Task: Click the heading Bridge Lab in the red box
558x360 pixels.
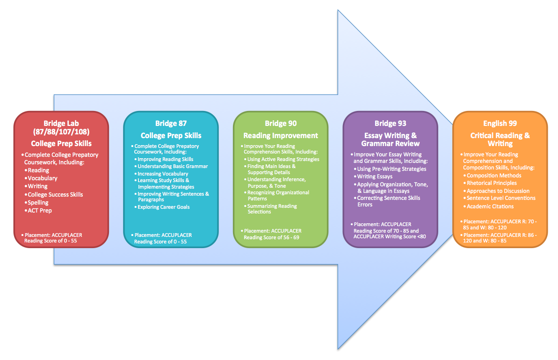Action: tap(61, 124)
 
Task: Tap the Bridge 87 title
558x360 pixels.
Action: tap(171, 124)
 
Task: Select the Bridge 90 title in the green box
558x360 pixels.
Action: tap(281, 124)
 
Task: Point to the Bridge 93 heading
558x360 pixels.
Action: tap(390, 124)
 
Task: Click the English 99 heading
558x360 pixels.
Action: tap(500, 124)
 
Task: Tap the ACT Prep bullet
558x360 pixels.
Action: tap(40, 211)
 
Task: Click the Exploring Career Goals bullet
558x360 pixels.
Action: tap(163, 207)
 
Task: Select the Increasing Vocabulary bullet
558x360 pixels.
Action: tap(163, 174)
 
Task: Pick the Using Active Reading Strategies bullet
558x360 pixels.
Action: tap(283, 159)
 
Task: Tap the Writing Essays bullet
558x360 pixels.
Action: tap(375, 176)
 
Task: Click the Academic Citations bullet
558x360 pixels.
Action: tap(490, 206)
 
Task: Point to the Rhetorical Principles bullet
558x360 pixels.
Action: tap(492, 183)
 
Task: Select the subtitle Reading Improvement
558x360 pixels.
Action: tap(281, 136)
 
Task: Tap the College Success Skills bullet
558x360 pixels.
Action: tap(56, 194)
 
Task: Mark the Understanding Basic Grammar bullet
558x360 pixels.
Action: tap(173, 166)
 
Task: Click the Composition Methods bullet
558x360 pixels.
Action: tap(494, 176)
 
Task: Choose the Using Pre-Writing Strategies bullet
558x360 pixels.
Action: tap(391, 169)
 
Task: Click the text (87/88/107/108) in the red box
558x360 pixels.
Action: tap(61, 132)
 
